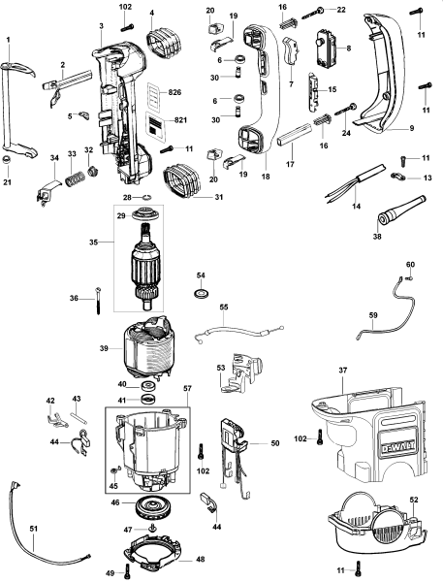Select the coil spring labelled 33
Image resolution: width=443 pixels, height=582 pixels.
coord(72,178)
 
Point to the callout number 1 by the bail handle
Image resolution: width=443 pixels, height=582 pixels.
coord(8,40)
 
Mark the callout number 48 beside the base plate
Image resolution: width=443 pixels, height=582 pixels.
coord(201,560)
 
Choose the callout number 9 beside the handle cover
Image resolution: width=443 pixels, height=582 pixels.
coord(410,128)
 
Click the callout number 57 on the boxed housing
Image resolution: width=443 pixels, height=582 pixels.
coord(188,388)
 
